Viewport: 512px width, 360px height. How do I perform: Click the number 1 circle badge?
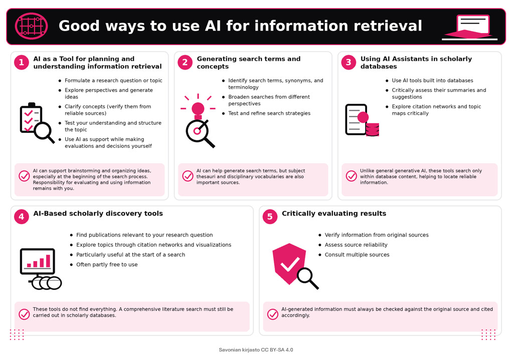22,62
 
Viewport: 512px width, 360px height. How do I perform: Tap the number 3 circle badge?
349,62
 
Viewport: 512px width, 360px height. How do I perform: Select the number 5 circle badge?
270,217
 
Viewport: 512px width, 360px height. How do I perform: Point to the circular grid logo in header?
32,26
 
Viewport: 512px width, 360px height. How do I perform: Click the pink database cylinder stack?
372,129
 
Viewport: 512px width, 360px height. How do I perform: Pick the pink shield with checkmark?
289,263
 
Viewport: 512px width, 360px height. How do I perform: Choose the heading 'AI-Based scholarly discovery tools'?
98,214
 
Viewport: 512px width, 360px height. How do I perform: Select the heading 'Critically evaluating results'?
334,214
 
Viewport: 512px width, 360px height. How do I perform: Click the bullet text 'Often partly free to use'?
107,264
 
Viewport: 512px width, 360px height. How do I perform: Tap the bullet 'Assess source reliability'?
356,245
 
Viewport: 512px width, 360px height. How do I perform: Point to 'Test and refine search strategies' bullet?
269,113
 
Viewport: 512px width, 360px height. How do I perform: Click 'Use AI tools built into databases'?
432,80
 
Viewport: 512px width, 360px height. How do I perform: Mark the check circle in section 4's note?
24,314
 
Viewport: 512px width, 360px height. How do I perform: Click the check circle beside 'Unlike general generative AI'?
352,176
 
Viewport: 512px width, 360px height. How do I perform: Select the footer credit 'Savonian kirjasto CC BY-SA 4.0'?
256,349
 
